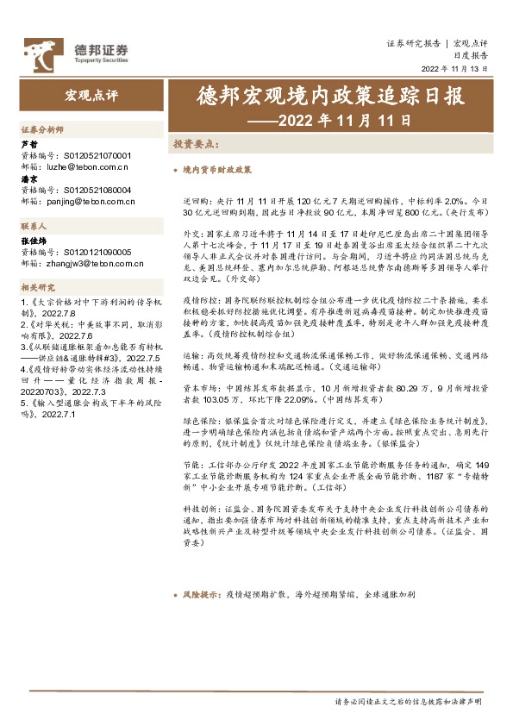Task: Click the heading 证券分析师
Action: tap(42, 128)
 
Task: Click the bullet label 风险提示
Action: tap(198, 595)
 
